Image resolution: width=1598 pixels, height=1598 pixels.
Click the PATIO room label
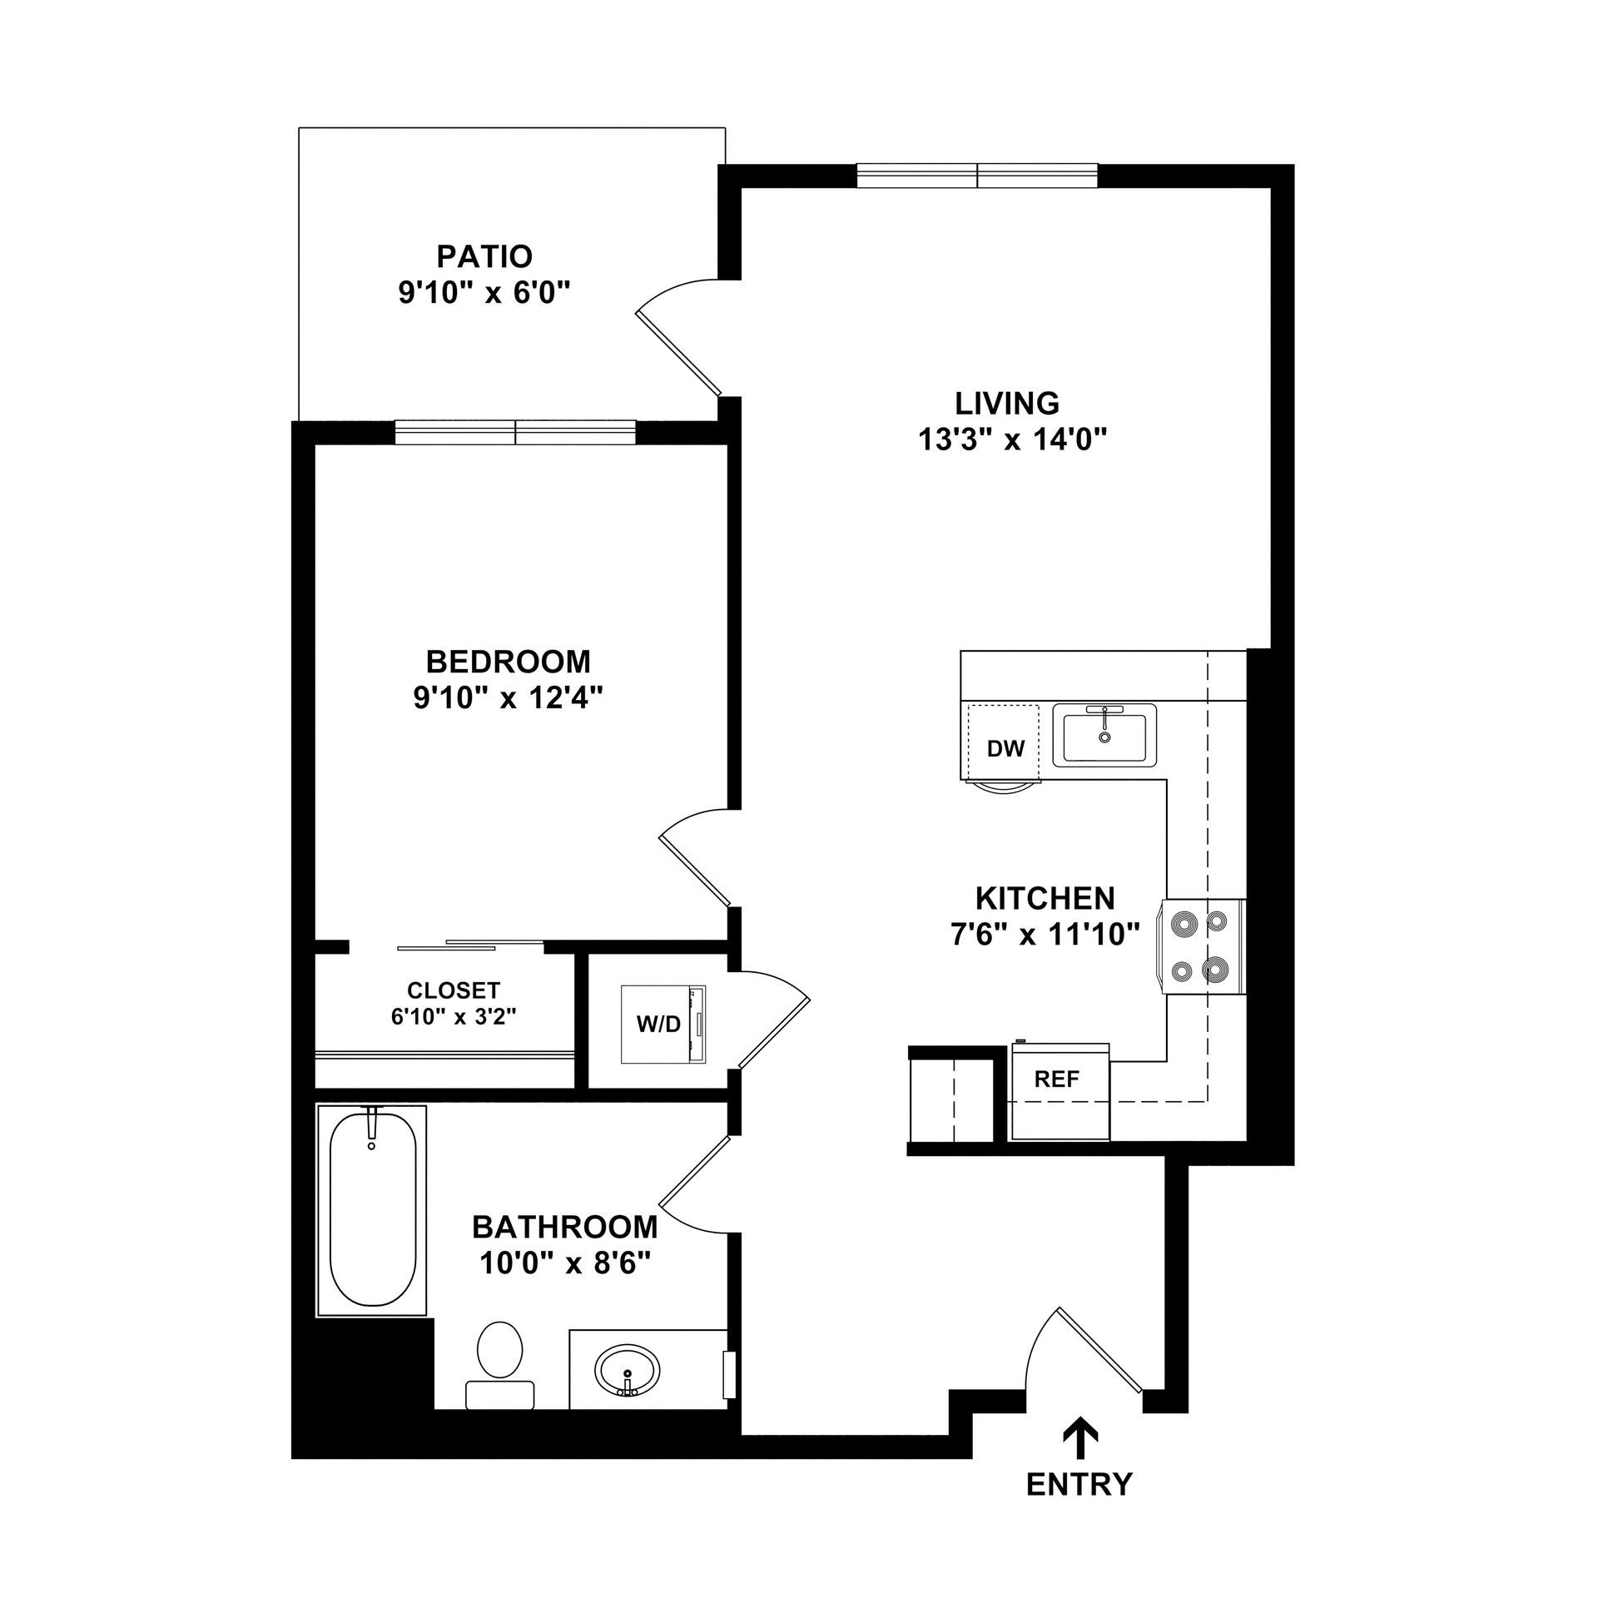(x=484, y=256)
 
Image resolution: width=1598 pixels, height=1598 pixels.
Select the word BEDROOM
(x=508, y=662)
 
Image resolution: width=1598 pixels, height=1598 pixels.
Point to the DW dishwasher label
(x=1005, y=749)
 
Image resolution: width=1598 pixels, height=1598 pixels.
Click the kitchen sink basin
(x=1104, y=735)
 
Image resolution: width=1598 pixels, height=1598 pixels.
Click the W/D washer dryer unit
(x=663, y=1025)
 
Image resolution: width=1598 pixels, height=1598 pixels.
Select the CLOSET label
(x=454, y=990)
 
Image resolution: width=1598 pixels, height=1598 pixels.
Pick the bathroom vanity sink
(x=627, y=1370)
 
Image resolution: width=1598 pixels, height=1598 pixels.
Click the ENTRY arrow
(x=1079, y=1437)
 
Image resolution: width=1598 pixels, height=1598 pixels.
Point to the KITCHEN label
(x=1045, y=899)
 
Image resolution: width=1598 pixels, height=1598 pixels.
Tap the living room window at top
(x=977, y=176)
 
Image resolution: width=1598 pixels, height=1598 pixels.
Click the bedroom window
(x=515, y=433)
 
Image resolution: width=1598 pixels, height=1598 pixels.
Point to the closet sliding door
(x=470, y=945)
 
